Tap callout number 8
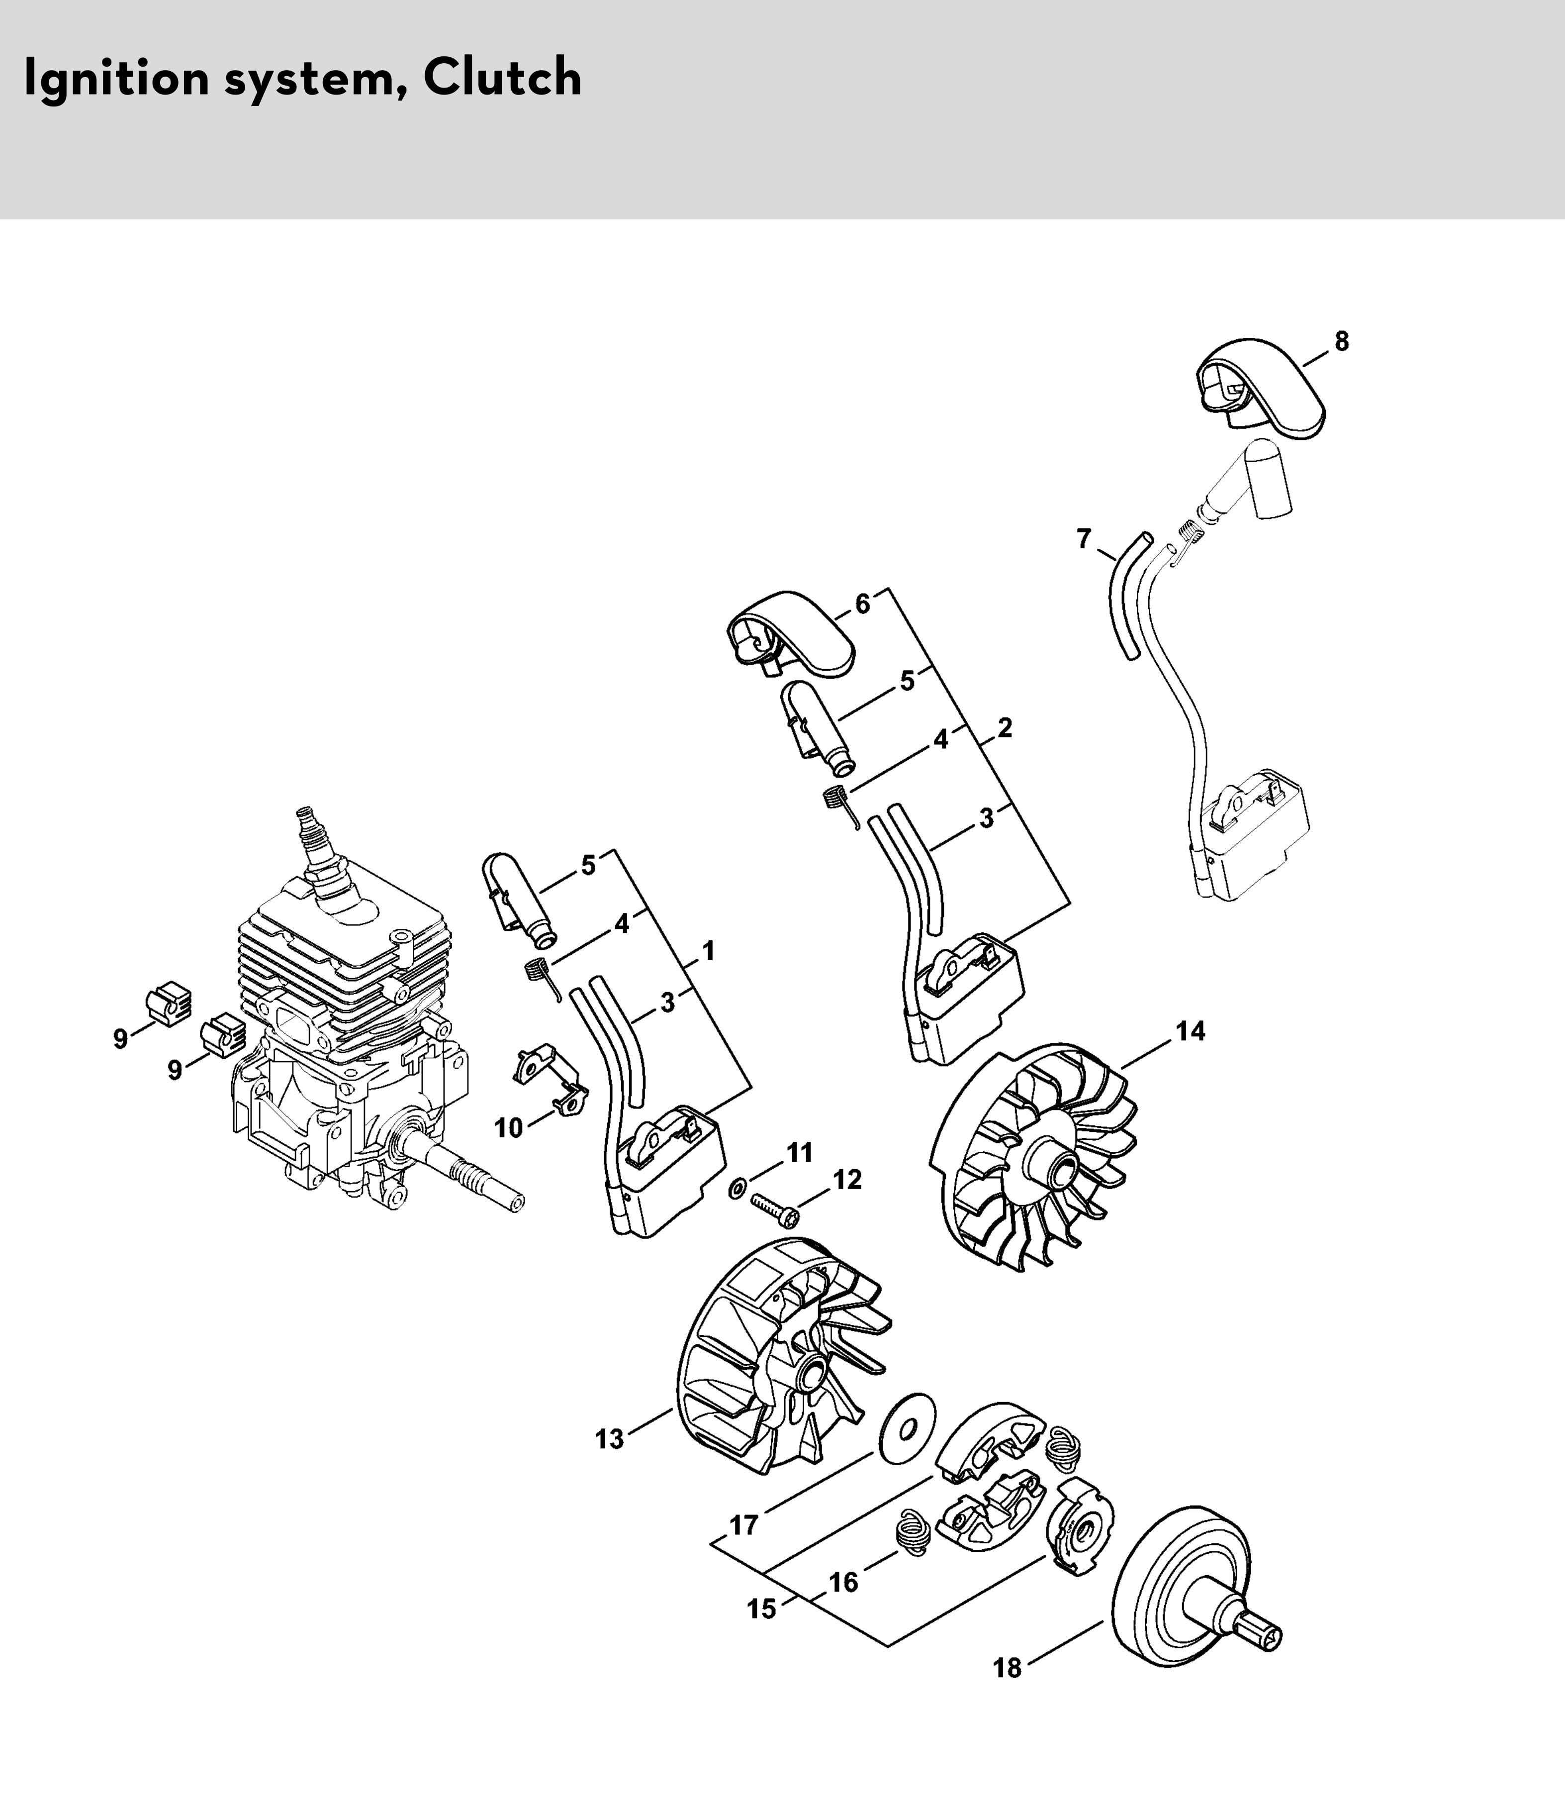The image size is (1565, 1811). coord(1341,342)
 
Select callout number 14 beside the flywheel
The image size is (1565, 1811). coord(1190,1031)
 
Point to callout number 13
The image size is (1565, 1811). coord(609,1439)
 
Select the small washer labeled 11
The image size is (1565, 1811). coord(736,1186)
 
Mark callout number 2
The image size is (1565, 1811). coord(1005,727)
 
